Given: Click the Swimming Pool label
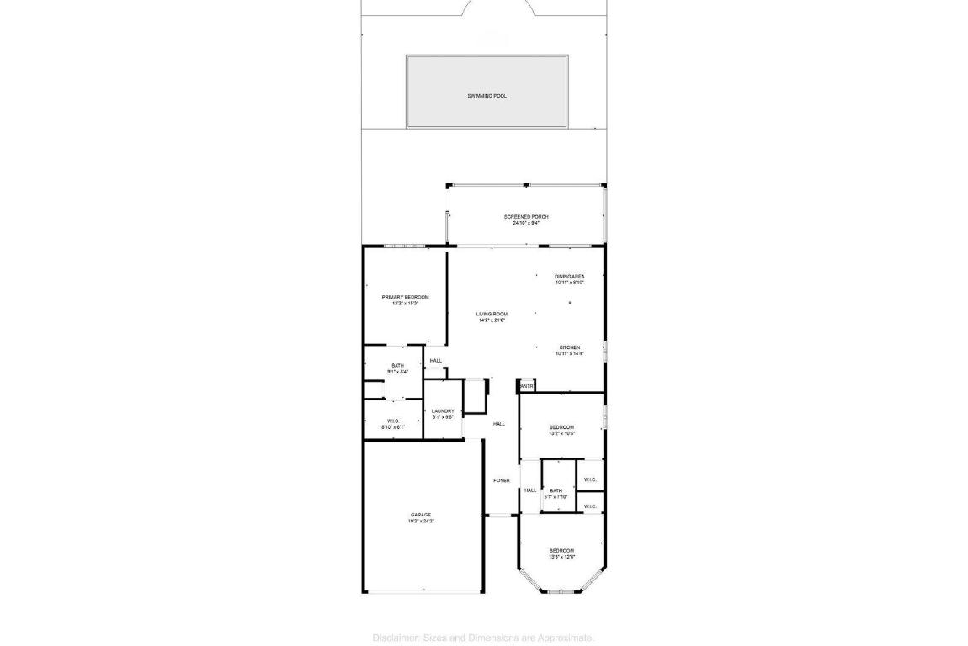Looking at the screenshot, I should [x=487, y=96].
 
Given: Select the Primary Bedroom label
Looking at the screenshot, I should [x=405, y=297].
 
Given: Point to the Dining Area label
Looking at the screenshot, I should [x=570, y=277].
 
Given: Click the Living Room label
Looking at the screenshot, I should [x=492, y=314].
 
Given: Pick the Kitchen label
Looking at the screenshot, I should [x=570, y=347].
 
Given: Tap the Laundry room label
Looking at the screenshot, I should [x=443, y=410].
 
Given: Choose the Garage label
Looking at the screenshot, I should [x=421, y=515].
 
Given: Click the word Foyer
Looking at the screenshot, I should [x=501, y=480].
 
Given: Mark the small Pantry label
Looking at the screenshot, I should [x=527, y=387].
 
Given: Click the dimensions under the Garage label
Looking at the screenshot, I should [x=421, y=522].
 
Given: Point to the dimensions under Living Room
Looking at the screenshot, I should [x=492, y=320].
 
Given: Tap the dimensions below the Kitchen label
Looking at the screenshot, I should [x=570, y=354].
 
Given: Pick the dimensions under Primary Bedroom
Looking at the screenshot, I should [x=405, y=304].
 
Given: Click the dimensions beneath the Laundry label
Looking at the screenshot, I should [x=443, y=416].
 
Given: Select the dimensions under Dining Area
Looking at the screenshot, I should [x=570, y=283].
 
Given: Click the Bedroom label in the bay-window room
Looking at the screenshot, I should [x=561, y=550].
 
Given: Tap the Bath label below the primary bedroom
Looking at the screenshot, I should [x=397, y=365].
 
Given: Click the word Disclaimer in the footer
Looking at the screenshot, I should [x=392, y=638].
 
